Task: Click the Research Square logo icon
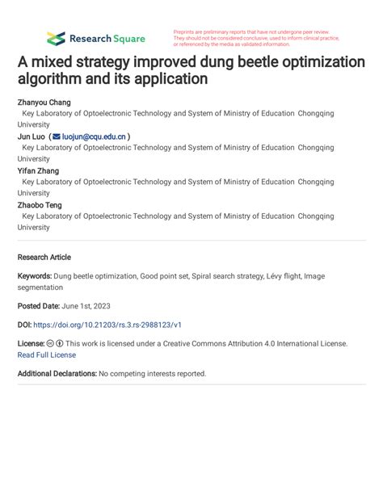point(56,38)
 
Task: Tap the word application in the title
point(166,79)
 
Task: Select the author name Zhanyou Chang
point(44,103)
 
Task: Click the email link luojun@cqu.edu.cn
point(94,137)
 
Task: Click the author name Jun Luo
point(31,137)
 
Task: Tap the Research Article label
point(44,258)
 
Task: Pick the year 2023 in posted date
point(101,306)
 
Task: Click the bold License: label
point(31,343)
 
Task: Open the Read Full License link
point(47,354)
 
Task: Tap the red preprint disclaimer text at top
point(256,38)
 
